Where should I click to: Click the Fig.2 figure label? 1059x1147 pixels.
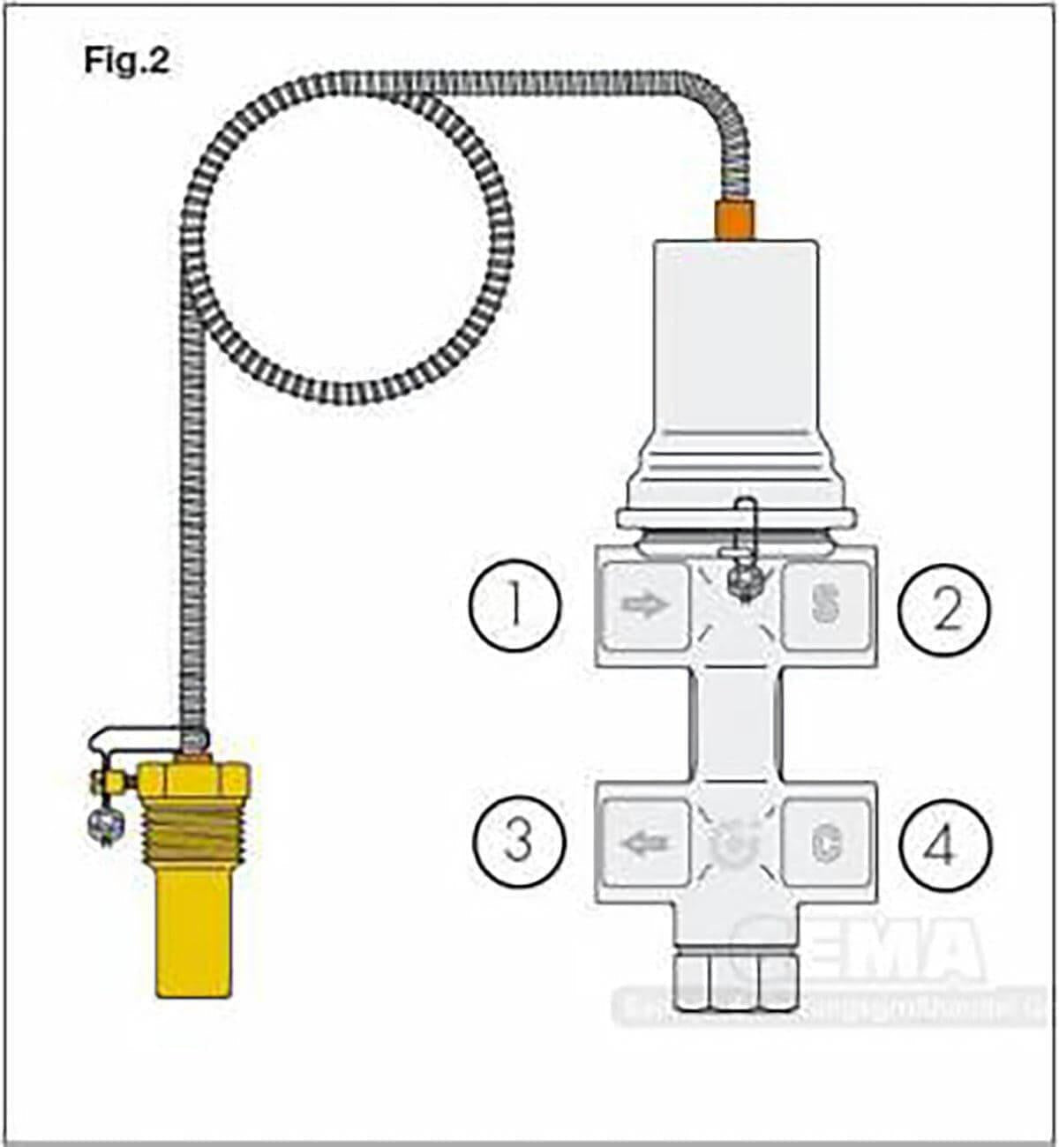pyautogui.click(x=126, y=60)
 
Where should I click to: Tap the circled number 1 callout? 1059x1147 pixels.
pyautogui.click(x=515, y=607)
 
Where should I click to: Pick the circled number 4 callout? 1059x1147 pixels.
pyautogui.click(x=942, y=845)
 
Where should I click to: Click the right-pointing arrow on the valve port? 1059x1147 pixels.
pyautogui.click(x=645, y=605)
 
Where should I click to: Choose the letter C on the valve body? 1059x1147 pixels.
pyautogui.click(x=826, y=843)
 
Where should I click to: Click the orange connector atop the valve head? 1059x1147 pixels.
pyautogui.click(x=734, y=220)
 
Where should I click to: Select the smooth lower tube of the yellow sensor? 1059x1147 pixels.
pyautogui.click(x=193, y=935)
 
